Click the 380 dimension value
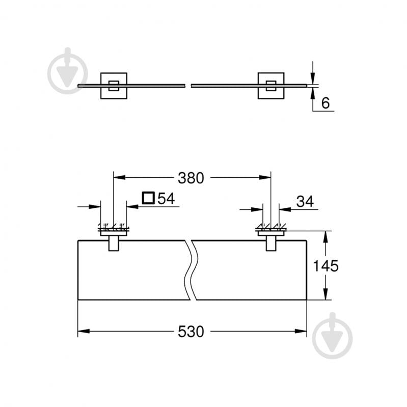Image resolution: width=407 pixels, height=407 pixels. click(x=191, y=178)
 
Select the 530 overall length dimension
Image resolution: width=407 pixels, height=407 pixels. click(x=191, y=332)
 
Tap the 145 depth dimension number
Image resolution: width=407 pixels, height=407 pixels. click(x=327, y=265)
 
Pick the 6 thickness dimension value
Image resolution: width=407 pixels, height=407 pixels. click(x=326, y=103)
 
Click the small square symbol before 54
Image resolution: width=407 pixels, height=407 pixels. click(x=148, y=198)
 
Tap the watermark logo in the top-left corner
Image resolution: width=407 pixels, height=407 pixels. click(x=68, y=71)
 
